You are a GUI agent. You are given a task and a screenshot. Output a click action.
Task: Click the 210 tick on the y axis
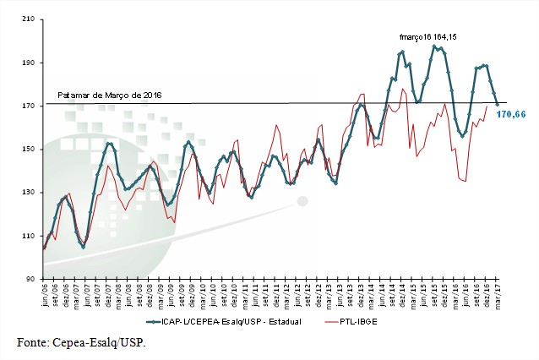tap(28, 19)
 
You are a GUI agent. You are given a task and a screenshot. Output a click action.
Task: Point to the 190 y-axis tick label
tap(28, 63)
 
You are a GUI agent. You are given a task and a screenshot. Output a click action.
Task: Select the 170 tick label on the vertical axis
tap(28, 106)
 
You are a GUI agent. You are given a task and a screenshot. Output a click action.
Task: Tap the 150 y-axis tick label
tap(28, 150)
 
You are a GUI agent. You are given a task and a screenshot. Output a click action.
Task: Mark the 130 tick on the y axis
tap(28, 193)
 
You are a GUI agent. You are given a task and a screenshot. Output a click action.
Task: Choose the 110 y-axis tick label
tap(28, 236)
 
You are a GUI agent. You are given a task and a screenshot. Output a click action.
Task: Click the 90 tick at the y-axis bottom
tap(30, 279)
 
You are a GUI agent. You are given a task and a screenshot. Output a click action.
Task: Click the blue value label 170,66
tap(512, 113)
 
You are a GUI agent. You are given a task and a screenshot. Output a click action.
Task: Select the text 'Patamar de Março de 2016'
tap(109, 95)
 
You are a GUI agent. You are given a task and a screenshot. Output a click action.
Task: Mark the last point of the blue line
tap(498, 104)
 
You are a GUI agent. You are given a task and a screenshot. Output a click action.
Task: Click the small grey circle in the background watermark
tap(302, 201)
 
